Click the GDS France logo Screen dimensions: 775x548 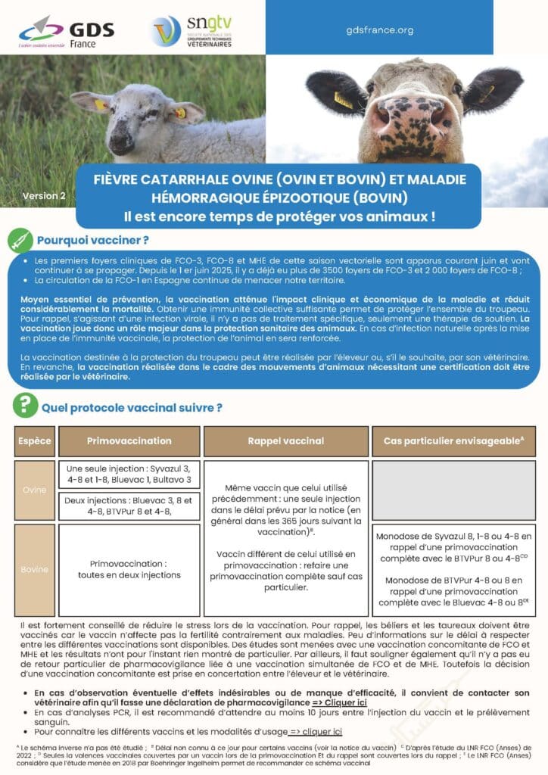(67, 32)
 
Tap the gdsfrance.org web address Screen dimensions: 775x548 (379, 30)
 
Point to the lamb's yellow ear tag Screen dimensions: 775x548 (180, 113)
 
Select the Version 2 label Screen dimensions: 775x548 (44, 195)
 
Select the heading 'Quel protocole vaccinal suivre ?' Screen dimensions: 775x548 (132, 407)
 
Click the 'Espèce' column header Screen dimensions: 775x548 (35, 440)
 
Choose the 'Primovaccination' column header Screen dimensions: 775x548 (129, 440)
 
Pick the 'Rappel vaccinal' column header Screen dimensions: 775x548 (285, 440)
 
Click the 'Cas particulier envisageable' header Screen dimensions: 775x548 (453, 440)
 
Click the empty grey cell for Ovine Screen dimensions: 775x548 (454, 488)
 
